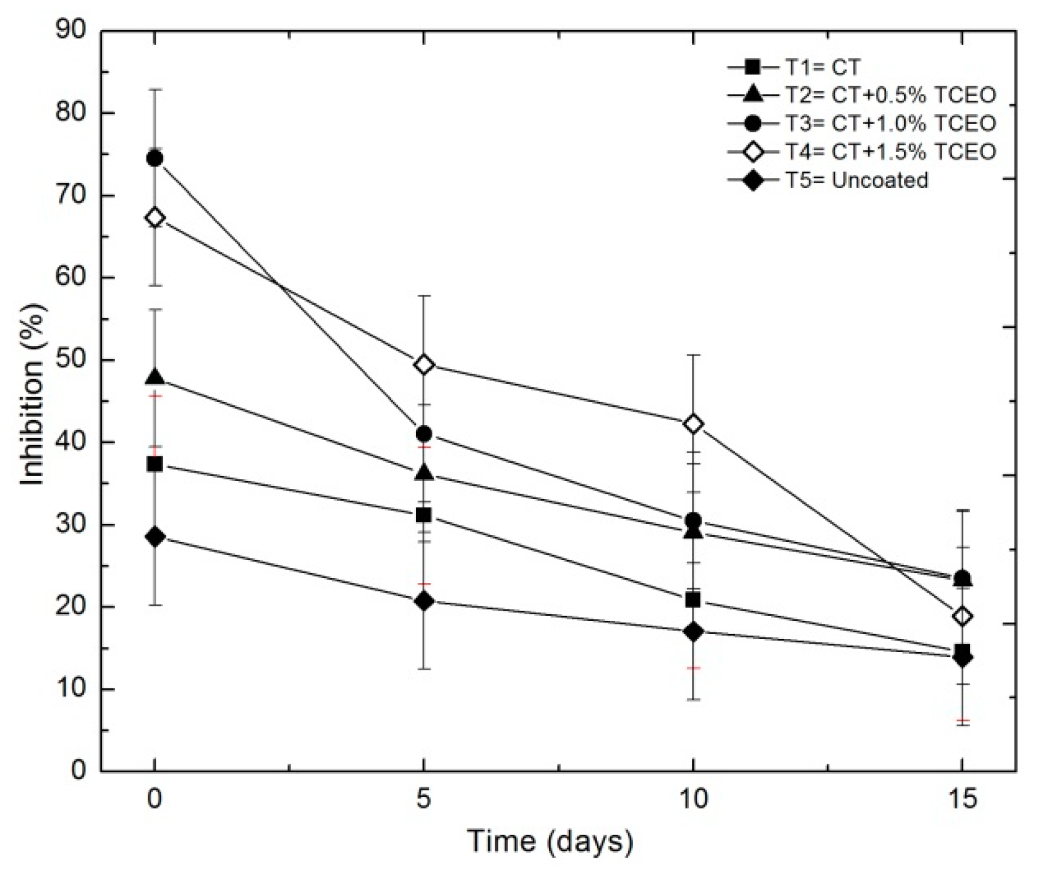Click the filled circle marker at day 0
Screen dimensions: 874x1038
click(155, 159)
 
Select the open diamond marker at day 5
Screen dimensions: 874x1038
click(424, 365)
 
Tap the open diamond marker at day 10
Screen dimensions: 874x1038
click(693, 424)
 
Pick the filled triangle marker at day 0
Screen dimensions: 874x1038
click(155, 378)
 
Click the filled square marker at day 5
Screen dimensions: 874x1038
click(424, 515)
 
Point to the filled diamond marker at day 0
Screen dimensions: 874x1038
click(155, 536)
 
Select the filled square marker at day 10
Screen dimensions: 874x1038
click(693, 600)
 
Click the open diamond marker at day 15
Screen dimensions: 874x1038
click(963, 617)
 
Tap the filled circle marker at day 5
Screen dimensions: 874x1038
click(424, 433)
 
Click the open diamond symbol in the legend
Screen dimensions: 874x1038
click(753, 152)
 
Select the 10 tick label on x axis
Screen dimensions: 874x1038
click(693, 799)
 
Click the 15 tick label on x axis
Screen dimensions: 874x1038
click(963, 799)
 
